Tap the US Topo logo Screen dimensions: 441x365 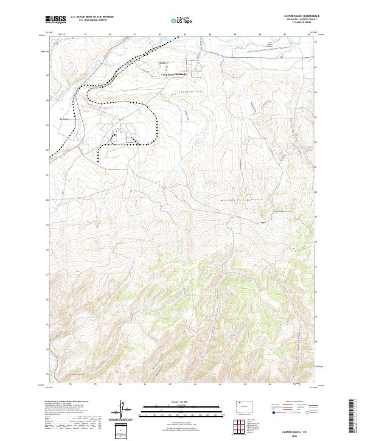click(181, 21)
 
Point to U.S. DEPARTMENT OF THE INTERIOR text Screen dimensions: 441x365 click(92, 16)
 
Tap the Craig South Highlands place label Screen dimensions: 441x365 click(172, 75)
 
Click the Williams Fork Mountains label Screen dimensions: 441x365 click(243, 200)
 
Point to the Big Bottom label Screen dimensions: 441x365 click(66, 120)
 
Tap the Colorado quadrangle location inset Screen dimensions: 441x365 click(242, 405)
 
